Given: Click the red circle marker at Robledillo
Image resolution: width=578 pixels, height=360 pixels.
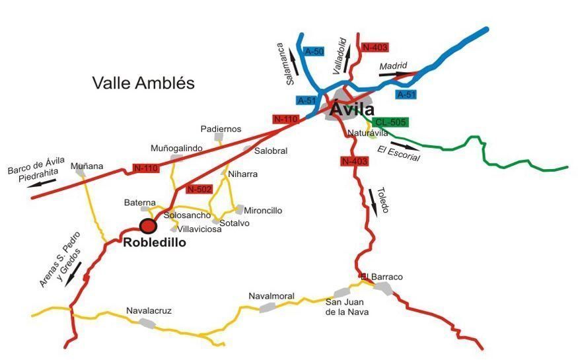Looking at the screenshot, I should (148, 226).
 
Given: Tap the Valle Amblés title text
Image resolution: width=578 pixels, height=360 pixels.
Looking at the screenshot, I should (143, 83).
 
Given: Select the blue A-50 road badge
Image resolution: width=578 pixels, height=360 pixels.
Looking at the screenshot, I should (313, 51).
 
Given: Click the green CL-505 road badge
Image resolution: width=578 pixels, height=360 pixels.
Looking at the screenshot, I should (390, 122).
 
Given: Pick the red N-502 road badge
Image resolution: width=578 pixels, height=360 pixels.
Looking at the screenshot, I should (199, 190).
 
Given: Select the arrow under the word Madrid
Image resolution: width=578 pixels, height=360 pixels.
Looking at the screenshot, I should (394, 74).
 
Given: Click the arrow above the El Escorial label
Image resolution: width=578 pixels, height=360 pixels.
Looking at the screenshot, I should (404, 145).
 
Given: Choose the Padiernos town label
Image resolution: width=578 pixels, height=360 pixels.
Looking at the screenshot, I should (221, 129).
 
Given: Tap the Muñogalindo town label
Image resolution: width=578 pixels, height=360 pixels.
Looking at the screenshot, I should (176, 149).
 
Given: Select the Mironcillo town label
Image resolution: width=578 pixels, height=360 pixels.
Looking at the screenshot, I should (263, 211).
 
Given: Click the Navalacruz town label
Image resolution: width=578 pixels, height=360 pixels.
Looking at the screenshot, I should (149, 310).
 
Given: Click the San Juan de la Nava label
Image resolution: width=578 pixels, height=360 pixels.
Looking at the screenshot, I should (347, 307).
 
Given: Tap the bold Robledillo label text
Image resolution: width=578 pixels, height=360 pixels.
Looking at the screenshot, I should (155, 242).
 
